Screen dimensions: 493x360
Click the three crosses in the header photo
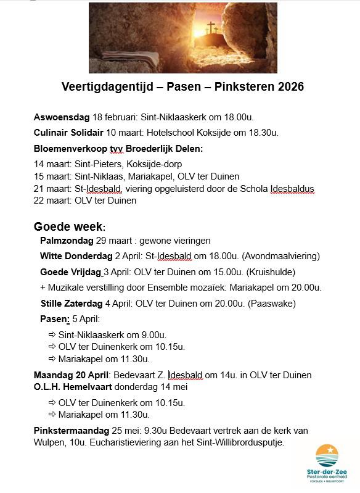(211, 28)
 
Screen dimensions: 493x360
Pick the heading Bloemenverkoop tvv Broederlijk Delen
(118, 148)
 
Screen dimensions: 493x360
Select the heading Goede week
(69, 226)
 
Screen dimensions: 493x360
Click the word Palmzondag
(67, 240)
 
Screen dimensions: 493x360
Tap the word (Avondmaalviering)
(280, 256)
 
